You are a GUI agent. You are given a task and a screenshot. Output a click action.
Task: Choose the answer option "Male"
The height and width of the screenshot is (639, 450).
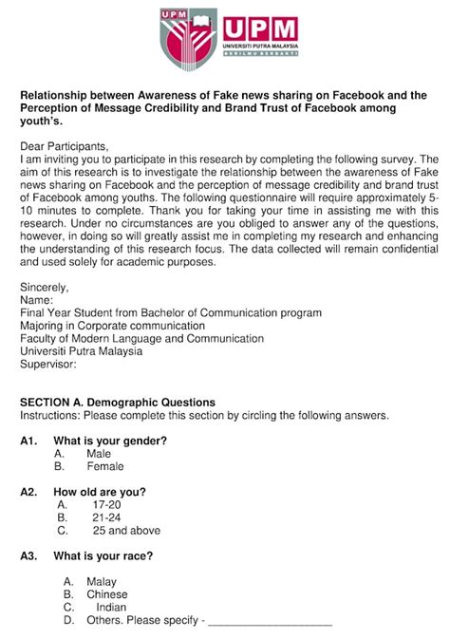(x=99, y=454)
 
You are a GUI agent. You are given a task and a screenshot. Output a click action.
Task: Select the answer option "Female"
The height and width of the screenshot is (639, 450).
(x=105, y=467)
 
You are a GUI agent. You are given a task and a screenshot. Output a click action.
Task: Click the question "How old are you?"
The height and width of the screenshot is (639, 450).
(x=100, y=492)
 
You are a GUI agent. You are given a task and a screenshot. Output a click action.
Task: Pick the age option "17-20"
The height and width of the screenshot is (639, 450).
(x=106, y=505)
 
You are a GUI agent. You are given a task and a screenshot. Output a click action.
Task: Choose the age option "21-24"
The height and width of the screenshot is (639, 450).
(x=106, y=518)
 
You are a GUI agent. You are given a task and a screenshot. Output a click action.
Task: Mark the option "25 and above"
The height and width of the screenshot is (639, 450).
(x=126, y=531)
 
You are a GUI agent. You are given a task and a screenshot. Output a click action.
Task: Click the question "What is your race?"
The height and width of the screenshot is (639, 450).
(x=103, y=555)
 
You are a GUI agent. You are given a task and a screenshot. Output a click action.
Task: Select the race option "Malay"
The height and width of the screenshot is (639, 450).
(x=101, y=581)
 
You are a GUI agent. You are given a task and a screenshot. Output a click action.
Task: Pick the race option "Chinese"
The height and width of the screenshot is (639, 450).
(x=106, y=594)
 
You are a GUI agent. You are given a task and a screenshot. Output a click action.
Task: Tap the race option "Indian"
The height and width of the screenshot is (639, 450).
(x=111, y=608)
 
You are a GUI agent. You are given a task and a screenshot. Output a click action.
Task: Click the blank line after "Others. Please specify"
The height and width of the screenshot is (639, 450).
(x=270, y=623)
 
